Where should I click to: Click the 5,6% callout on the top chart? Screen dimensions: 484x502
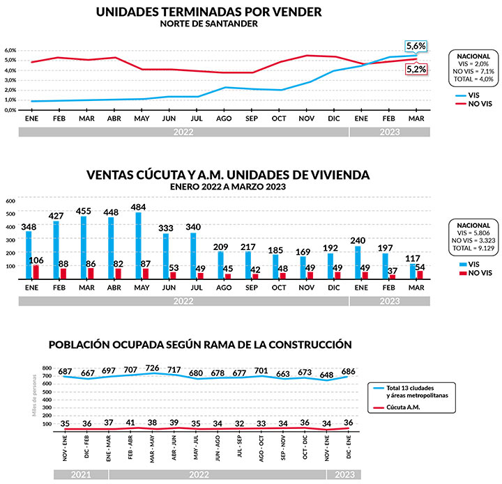click(x=416, y=45)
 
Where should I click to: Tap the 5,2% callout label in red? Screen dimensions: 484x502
click(x=416, y=68)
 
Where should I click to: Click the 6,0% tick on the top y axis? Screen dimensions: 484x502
click(x=10, y=50)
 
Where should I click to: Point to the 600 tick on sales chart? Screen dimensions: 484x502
click(x=10, y=201)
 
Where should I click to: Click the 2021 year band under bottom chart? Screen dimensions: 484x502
click(x=81, y=474)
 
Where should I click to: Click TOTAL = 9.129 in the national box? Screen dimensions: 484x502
click(x=469, y=255)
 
